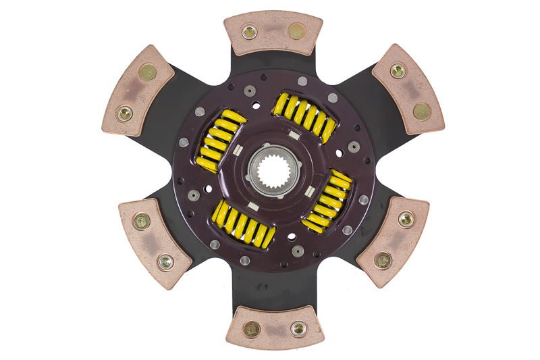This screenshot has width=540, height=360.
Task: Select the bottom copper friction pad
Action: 274,328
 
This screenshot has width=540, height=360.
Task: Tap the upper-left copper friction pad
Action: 138,91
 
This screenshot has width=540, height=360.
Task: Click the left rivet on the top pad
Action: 250,32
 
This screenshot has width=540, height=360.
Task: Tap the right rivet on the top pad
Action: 296,31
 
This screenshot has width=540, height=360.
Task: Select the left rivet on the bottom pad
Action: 252,329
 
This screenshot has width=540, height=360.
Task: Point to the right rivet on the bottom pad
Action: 298,328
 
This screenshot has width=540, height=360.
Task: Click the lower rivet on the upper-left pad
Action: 125,113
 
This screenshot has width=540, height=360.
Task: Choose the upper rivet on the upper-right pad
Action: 398,70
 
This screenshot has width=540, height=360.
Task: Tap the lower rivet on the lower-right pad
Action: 383,259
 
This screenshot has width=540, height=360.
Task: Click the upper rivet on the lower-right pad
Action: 406,219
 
